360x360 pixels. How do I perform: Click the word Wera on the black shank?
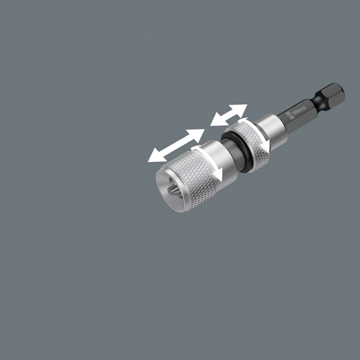[x=300, y=110]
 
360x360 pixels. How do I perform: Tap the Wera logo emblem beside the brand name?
[x=289, y=115]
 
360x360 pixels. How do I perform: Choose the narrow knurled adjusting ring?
[x=247, y=145]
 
